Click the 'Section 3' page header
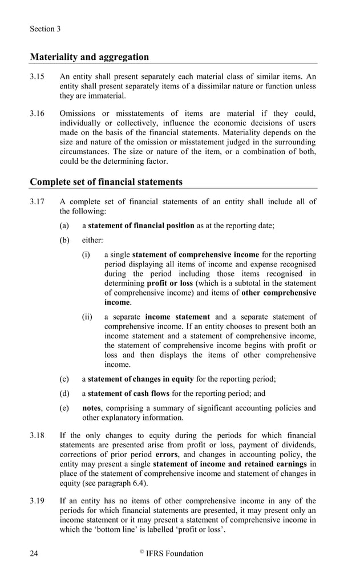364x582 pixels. pos(45,29)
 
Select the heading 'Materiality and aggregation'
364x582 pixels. pos(89,56)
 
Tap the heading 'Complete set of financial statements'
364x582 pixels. pos(106,182)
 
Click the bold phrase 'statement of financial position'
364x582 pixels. pos(141,225)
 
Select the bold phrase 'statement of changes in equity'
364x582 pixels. pos(141,378)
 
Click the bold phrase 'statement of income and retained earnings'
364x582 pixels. pos(231,464)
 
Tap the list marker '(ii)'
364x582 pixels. pos(87,317)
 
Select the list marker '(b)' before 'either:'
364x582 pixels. pos(64,240)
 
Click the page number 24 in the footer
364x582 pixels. pos(35,553)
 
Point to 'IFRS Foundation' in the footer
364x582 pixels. pos(174,553)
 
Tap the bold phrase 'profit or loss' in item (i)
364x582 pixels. pos(169,283)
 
